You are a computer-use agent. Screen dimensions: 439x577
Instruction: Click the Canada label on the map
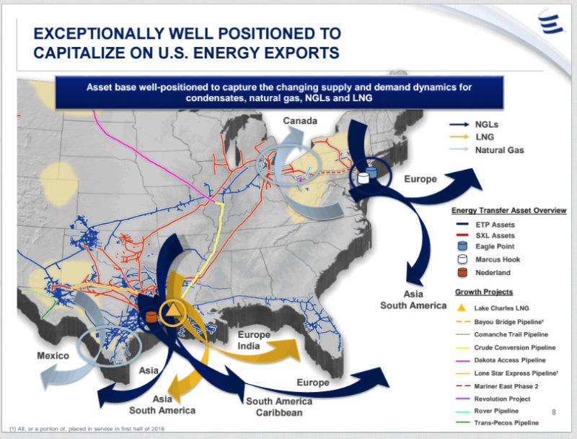(x=299, y=120)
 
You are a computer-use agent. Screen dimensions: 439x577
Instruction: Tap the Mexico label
(x=53, y=356)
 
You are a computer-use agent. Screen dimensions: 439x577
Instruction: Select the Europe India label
(x=253, y=340)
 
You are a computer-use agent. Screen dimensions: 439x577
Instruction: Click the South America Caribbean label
(x=279, y=407)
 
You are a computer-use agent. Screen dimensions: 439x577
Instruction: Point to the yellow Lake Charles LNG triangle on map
(x=172, y=312)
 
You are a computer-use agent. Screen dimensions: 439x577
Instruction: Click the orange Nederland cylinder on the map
(x=151, y=316)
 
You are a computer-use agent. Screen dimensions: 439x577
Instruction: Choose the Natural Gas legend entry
(x=499, y=150)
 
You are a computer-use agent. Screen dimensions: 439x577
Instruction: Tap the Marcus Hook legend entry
(x=498, y=258)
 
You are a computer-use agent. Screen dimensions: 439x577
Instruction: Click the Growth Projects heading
(x=484, y=292)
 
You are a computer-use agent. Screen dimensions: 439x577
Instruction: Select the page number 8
(x=553, y=412)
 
